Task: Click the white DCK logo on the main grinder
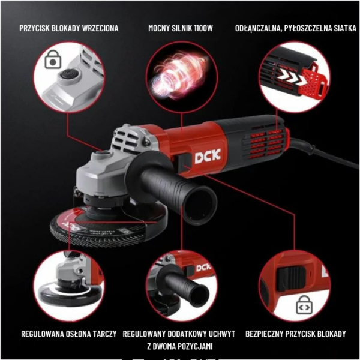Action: pos(208,156)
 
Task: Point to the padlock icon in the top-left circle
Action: pos(53,59)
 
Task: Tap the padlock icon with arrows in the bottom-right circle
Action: pos(304,305)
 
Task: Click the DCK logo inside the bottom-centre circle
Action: pos(203,268)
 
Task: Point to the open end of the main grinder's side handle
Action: pos(200,205)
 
